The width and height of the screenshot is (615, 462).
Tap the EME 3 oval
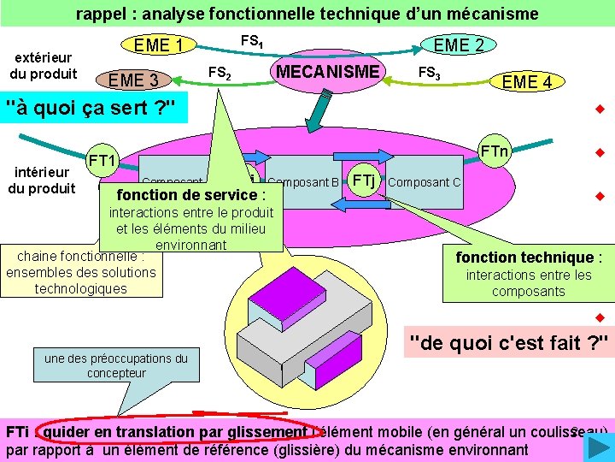pos(137,80)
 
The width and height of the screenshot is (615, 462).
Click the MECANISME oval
pos(328,72)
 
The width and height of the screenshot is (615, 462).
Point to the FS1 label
pos(252,40)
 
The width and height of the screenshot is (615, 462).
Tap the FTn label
pos(494,152)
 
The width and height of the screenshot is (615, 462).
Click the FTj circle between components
pos(364,180)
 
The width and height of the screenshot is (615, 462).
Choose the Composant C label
pos(425,182)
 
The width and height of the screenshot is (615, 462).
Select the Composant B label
pos(303,181)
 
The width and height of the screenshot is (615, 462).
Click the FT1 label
pos(102,160)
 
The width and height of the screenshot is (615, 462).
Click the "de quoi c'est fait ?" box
pos(508,343)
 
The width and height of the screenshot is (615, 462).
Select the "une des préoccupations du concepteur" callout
pos(115,365)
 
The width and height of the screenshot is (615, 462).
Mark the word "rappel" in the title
pos(99,14)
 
